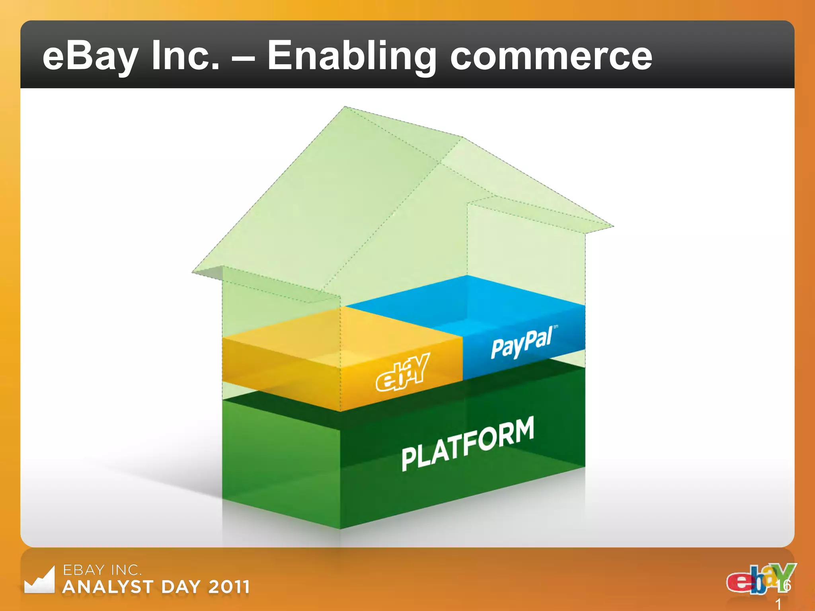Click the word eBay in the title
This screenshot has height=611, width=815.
click(90, 56)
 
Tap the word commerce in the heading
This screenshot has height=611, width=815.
click(551, 56)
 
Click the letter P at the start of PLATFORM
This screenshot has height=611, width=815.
click(409, 459)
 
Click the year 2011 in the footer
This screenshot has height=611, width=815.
click(229, 587)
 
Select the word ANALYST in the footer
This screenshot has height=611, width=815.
click(108, 587)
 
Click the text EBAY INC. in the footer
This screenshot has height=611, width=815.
click(102, 570)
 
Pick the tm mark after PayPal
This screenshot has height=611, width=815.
click(556, 327)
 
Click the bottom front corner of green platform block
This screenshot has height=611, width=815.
click(340, 529)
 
